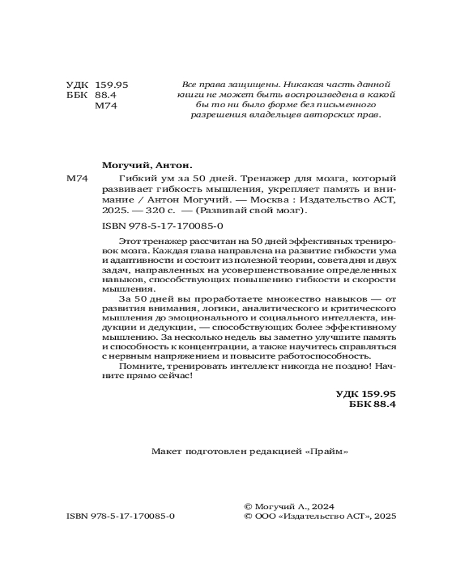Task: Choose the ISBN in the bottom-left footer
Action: click(x=120, y=516)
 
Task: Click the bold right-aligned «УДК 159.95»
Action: click(x=366, y=393)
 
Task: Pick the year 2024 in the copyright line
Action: click(x=322, y=506)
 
